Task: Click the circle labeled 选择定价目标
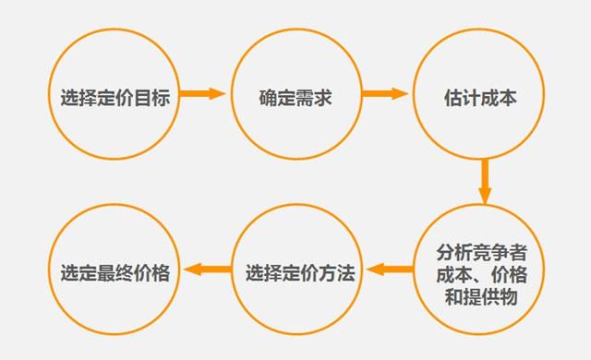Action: [x=115, y=95]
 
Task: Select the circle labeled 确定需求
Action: [x=295, y=95]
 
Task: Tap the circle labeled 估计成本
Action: [x=476, y=95]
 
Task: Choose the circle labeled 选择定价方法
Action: [x=295, y=272]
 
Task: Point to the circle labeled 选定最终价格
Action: [x=115, y=272]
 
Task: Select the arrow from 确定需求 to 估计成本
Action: [x=385, y=94]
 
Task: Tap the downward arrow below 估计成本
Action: [x=484, y=181]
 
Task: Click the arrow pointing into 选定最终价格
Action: [x=208, y=270]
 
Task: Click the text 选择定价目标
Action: [x=115, y=97]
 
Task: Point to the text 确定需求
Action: [x=295, y=97]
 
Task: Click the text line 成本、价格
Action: [x=483, y=275]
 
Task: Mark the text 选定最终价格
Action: [x=115, y=273]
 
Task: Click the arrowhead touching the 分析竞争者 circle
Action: [x=484, y=195]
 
